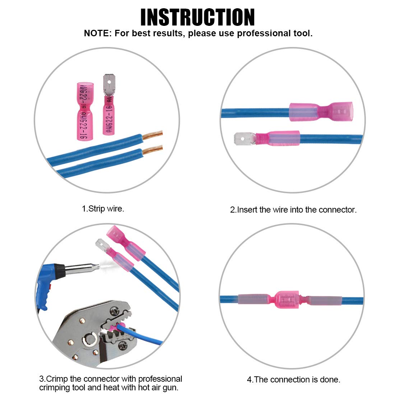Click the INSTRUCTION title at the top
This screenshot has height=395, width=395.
click(x=197, y=17)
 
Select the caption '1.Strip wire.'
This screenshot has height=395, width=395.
click(x=103, y=209)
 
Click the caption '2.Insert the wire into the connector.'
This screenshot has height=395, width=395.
click(x=293, y=210)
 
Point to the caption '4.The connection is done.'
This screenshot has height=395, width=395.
click(x=293, y=379)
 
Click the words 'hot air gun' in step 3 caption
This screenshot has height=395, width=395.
click(x=158, y=387)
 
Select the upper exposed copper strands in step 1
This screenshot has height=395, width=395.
click(x=153, y=135)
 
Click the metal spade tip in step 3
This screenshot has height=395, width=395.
click(x=102, y=246)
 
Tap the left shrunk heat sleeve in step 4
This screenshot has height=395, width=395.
click(x=253, y=299)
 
